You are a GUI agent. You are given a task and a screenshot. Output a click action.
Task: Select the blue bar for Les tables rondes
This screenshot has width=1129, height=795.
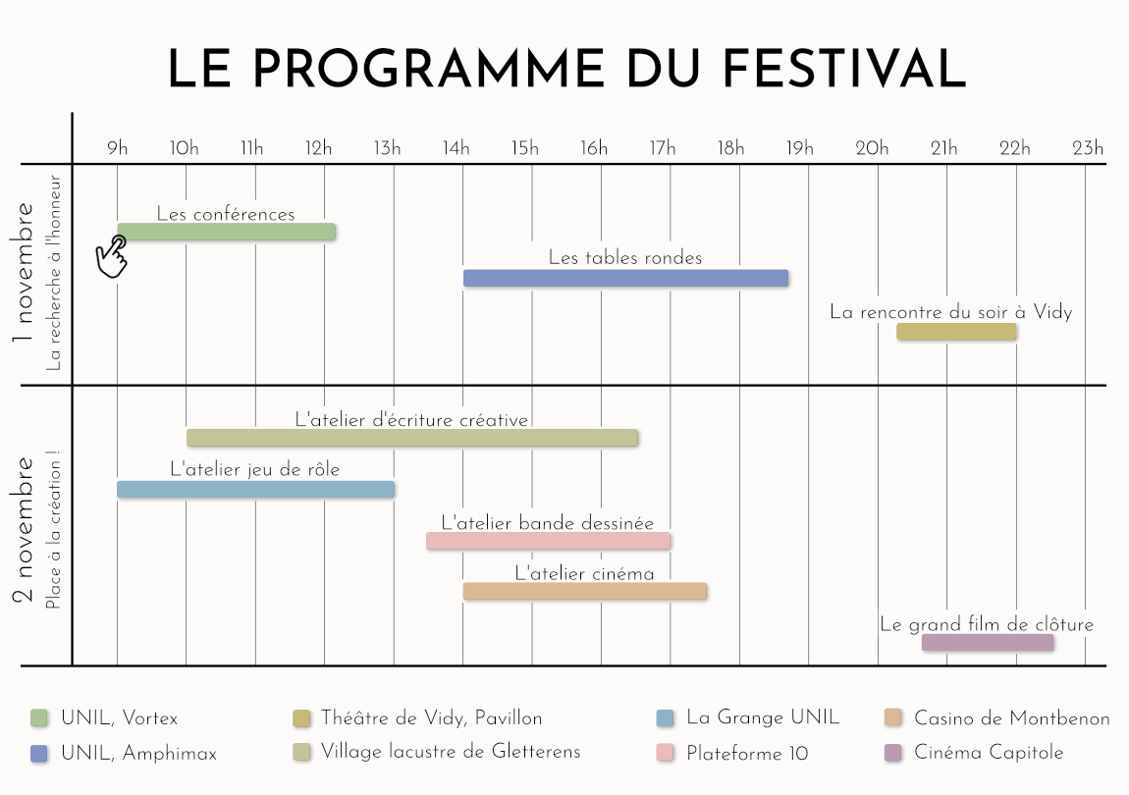pyautogui.click(x=625, y=278)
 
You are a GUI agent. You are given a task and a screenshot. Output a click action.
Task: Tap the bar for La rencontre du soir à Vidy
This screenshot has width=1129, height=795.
pyautogui.click(x=956, y=332)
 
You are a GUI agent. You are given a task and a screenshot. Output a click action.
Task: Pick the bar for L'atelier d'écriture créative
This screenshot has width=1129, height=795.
pyautogui.click(x=412, y=438)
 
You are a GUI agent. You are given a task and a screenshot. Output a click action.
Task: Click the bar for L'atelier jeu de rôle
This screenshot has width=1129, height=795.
pyautogui.click(x=255, y=489)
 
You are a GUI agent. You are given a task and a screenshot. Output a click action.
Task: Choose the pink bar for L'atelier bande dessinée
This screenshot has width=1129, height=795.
pyautogui.click(x=548, y=541)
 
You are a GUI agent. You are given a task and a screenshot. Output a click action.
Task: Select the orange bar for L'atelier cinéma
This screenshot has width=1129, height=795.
pyautogui.click(x=584, y=591)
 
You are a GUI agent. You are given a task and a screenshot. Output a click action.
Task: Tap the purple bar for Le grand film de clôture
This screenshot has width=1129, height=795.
pyautogui.click(x=987, y=643)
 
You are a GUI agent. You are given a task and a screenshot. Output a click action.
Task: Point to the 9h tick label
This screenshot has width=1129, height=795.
pyautogui.click(x=117, y=149)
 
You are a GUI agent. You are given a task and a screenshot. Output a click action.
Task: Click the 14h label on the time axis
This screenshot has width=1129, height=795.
pyautogui.click(x=456, y=149)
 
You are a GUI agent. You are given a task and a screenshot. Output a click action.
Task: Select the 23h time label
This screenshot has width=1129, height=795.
pyautogui.click(x=1087, y=149)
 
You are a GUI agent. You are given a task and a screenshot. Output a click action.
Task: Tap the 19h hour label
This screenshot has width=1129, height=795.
pyautogui.click(x=800, y=149)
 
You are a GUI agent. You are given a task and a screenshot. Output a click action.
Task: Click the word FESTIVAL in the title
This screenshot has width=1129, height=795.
pyautogui.click(x=844, y=69)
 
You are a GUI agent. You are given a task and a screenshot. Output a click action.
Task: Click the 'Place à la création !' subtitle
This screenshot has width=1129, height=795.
pyautogui.click(x=53, y=530)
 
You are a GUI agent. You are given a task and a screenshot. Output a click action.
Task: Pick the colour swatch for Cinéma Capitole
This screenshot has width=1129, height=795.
pyautogui.click(x=892, y=753)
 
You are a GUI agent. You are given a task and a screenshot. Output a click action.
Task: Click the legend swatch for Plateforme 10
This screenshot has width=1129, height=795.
pyautogui.click(x=665, y=753)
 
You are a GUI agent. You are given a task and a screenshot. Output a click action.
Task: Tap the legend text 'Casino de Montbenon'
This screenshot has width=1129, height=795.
pyautogui.click(x=1011, y=718)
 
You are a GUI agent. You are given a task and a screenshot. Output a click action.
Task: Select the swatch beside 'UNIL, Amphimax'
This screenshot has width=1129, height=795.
pyautogui.click(x=39, y=753)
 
